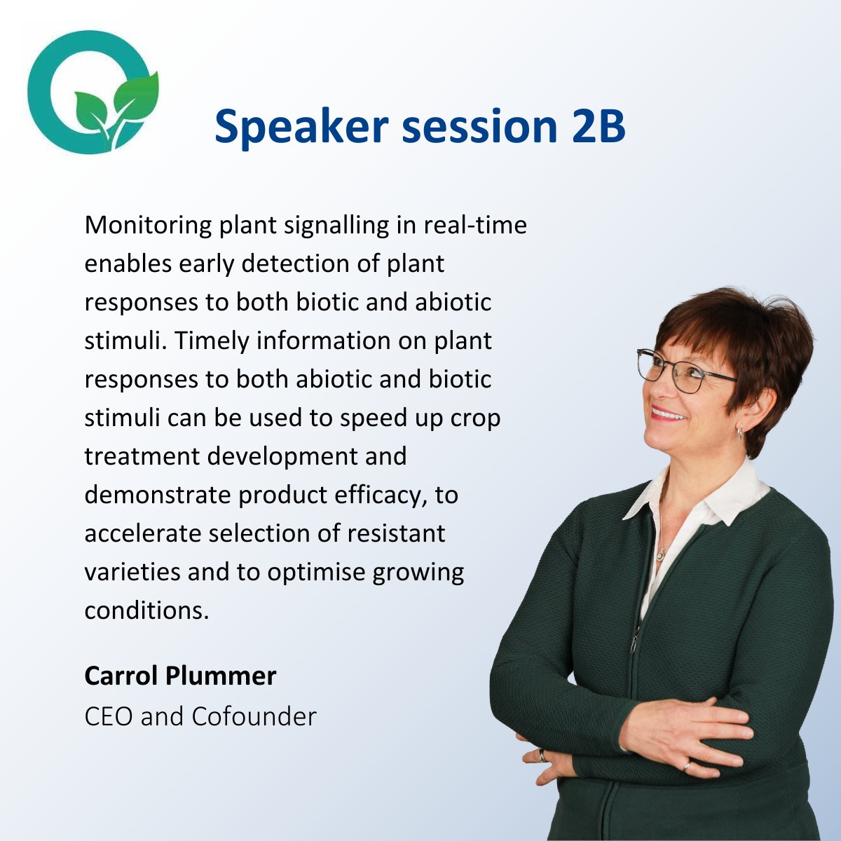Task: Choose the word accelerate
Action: pyautogui.click(x=144, y=534)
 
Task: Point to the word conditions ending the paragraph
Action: pyautogui.click(x=147, y=610)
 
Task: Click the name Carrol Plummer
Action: pyautogui.click(x=180, y=676)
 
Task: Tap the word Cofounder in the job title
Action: pyautogui.click(x=254, y=716)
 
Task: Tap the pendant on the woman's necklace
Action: pyautogui.click(x=659, y=555)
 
